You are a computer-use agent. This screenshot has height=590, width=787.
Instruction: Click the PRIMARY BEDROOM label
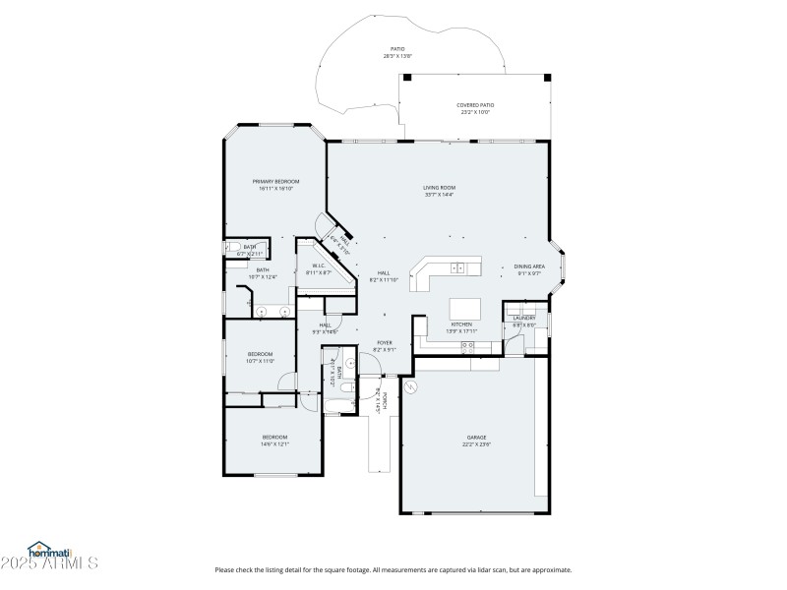[x=275, y=182]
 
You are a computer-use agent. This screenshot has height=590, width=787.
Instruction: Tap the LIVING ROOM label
[x=440, y=188]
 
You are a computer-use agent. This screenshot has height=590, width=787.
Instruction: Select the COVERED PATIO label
[x=475, y=105]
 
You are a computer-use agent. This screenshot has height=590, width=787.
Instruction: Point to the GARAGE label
[x=476, y=438]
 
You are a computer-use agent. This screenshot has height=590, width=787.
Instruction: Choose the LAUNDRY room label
[x=523, y=318]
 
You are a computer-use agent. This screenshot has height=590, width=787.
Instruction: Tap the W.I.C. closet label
[x=319, y=265]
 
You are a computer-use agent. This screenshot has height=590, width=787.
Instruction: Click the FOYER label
[x=385, y=343]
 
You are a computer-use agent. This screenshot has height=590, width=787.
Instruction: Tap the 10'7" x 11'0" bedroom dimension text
[x=260, y=361]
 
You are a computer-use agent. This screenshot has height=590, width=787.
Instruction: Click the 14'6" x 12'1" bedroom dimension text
[x=274, y=443]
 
